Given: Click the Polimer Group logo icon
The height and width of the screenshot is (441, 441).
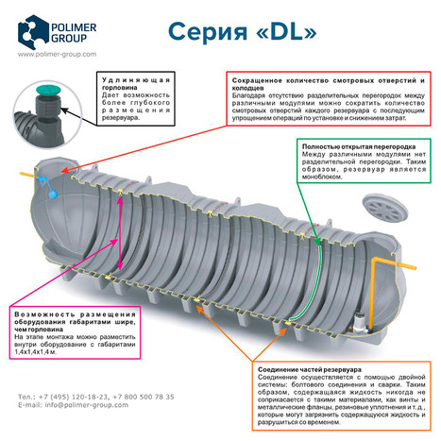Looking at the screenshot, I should click(x=34, y=31).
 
